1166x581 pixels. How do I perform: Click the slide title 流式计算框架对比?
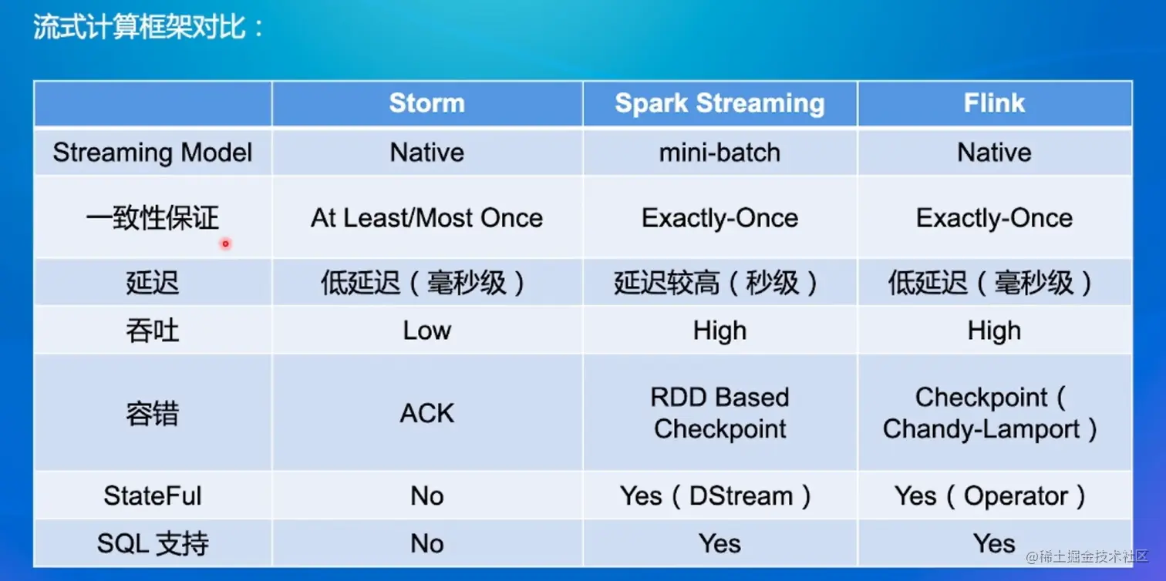coord(140,27)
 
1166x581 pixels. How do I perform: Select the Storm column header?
coord(427,103)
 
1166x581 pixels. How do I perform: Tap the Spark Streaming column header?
coord(720,103)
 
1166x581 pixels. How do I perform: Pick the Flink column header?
coord(994,102)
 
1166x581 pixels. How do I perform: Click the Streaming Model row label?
coord(153,153)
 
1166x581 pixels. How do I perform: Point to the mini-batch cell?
coord(720,153)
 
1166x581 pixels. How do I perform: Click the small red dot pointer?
coord(225,243)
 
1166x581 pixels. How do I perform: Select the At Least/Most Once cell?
coord(427,217)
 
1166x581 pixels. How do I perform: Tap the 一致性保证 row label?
coord(153,217)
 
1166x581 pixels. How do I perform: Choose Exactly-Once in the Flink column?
coord(994,217)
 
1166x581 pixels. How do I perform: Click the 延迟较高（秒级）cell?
coord(716,283)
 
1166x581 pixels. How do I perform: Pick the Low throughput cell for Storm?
coord(427,331)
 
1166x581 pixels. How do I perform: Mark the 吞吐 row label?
coord(153,331)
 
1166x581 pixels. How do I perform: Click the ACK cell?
coord(427,414)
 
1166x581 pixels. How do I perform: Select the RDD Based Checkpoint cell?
coord(720,413)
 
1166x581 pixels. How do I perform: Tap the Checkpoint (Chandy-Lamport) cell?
coord(990,413)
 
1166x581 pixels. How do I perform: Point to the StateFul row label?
coord(153,495)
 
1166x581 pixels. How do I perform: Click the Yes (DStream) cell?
coord(716,495)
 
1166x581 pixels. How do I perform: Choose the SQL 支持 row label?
coord(153,543)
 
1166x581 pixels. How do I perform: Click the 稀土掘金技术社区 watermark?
coord(1087,556)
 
